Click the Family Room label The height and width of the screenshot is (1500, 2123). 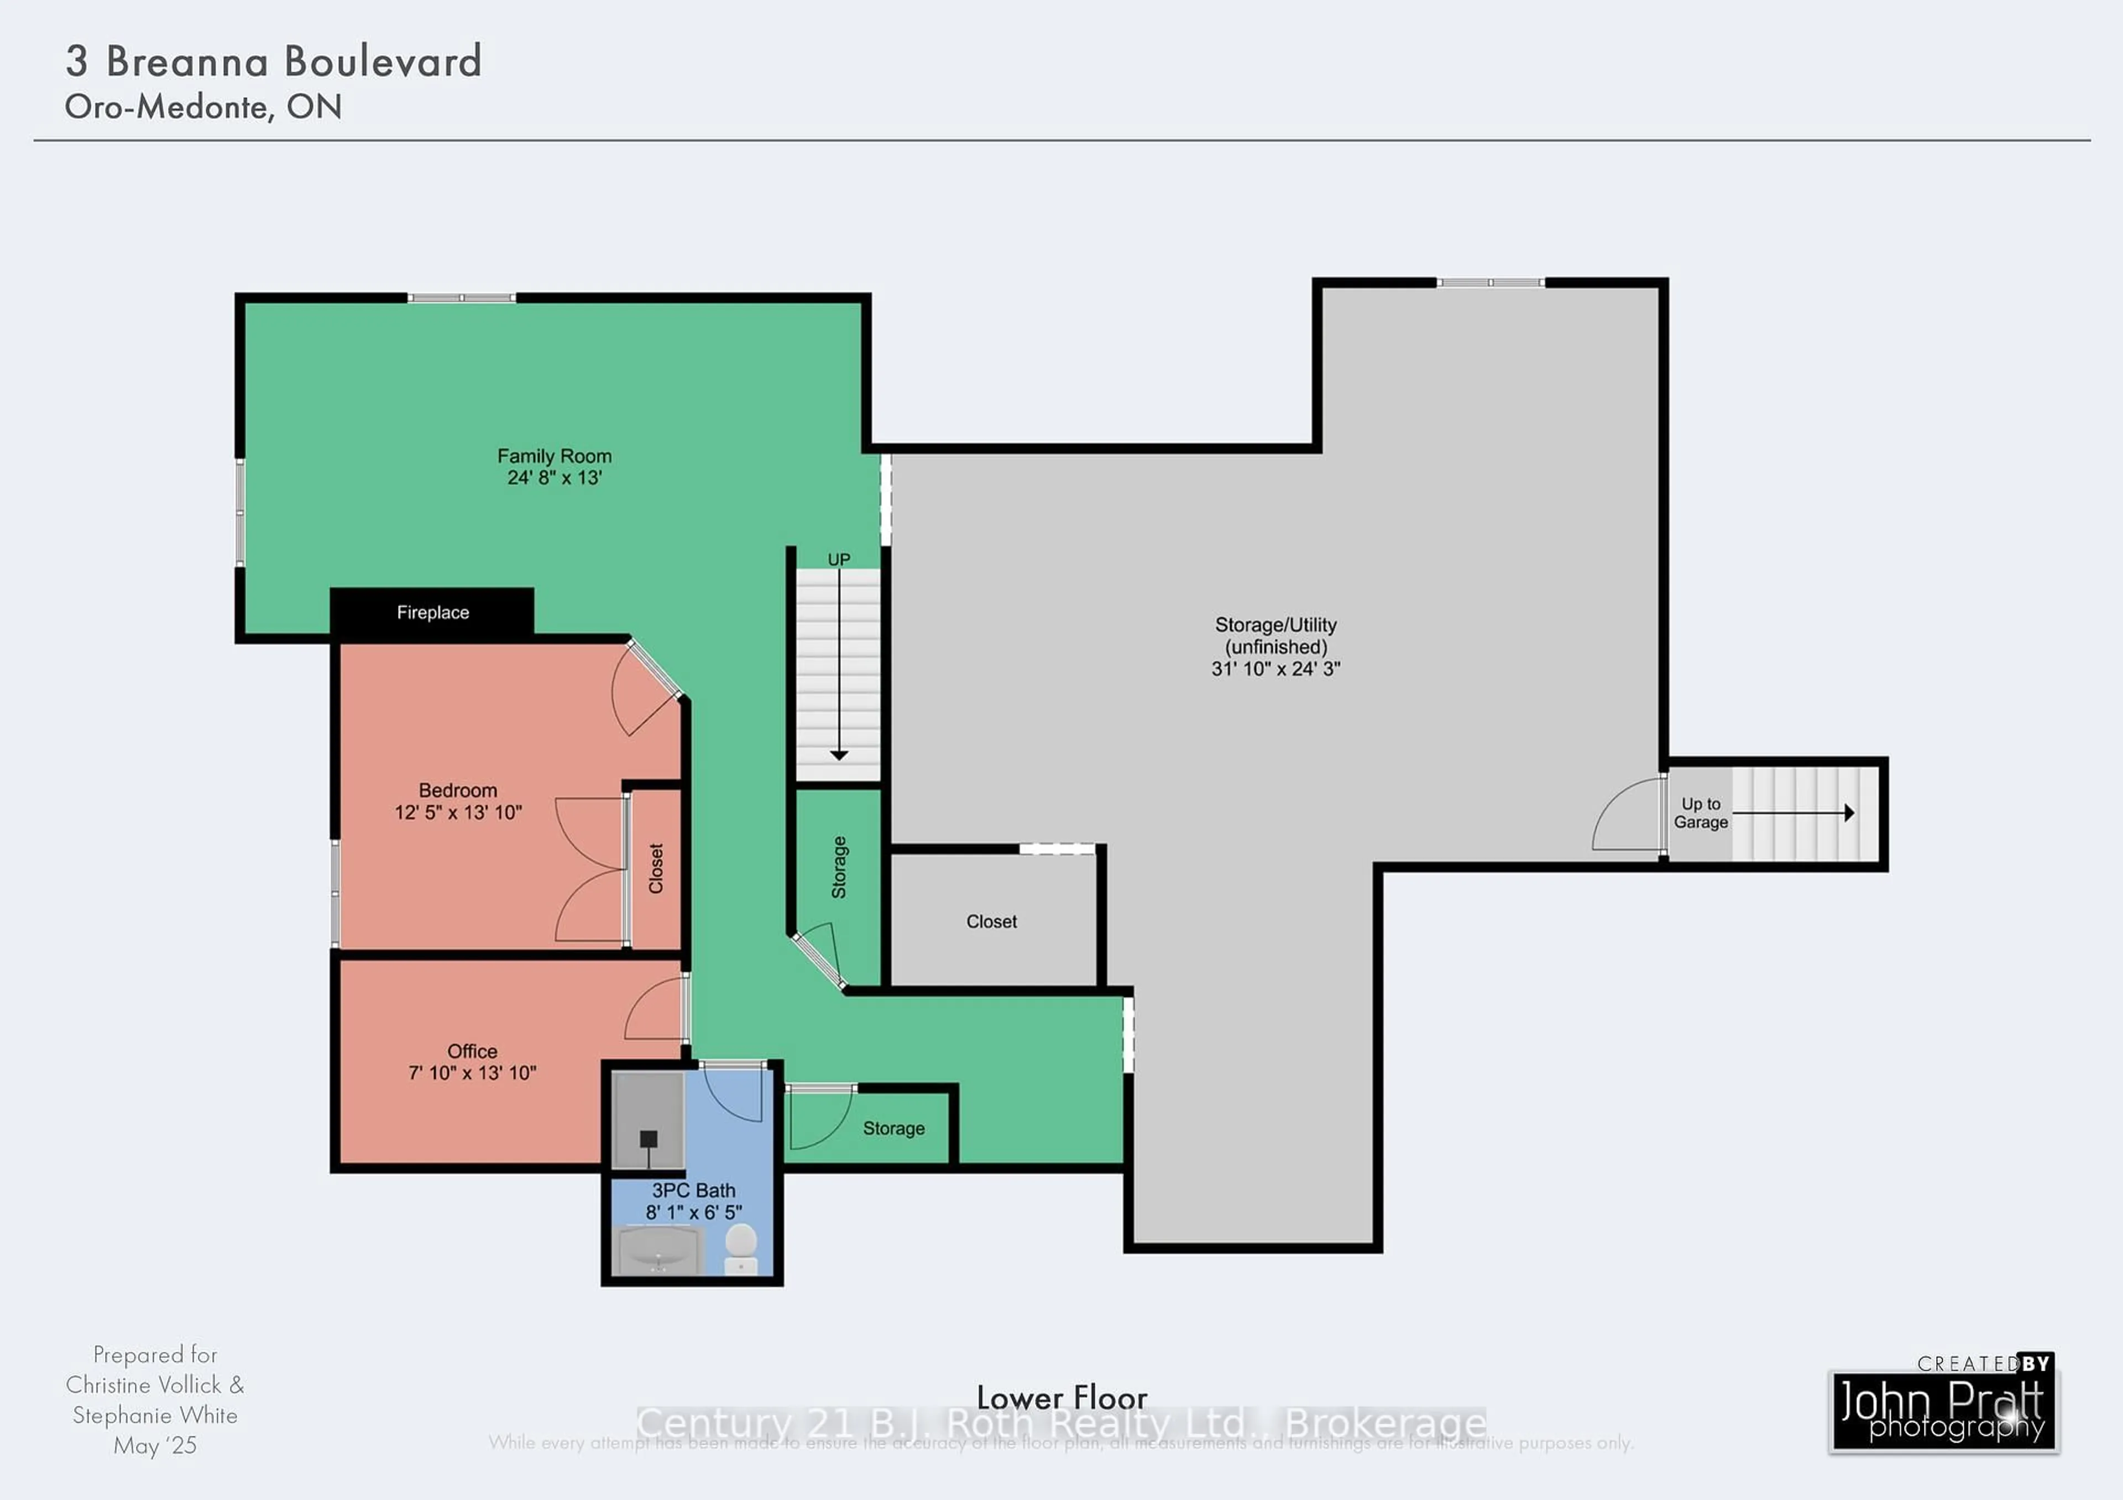tap(554, 457)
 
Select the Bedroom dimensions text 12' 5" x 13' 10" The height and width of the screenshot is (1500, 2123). tap(458, 812)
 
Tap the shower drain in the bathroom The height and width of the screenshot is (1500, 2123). tap(648, 1139)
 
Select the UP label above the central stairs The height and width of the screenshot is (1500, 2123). tap(839, 560)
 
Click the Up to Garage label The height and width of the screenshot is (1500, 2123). tap(1701, 814)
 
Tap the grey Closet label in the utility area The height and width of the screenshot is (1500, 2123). tap(991, 921)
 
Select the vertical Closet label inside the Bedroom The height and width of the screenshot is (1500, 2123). tap(656, 869)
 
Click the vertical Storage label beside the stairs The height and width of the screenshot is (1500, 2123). tap(839, 867)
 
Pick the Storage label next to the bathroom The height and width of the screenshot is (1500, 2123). tap(893, 1129)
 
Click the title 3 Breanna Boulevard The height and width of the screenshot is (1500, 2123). tap(274, 62)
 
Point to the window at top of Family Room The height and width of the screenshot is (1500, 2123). tap(462, 297)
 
